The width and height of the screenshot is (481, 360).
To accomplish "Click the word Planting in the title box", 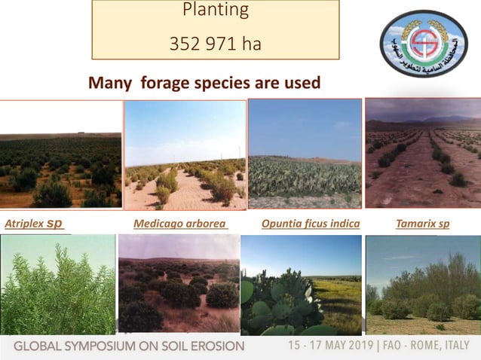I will click(x=215, y=11).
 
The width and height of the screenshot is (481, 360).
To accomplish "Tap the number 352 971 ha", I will click(x=215, y=44).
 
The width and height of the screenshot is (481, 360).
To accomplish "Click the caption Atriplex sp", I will click(x=35, y=224).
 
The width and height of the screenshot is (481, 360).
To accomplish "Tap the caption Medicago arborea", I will click(x=180, y=224).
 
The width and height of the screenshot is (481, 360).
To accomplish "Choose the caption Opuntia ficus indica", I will click(x=310, y=224).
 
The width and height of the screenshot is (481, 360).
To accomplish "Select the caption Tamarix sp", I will click(x=422, y=224).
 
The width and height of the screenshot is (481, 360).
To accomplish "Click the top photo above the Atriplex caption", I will click(x=60, y=154).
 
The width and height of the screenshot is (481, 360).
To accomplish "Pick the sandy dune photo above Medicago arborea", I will click(x=185, y=154).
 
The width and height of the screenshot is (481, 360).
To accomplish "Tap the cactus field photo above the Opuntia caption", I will click(x=305, y=153).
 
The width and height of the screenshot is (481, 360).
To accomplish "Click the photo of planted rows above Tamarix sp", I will click(x=422, y=153).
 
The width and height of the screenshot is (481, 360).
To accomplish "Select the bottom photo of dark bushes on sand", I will click(x=178, y=284).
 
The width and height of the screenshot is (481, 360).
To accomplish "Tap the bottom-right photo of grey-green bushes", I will click(x=422, y=284).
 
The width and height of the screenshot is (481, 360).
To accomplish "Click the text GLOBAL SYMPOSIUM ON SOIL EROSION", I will click(x=129, y=346).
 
